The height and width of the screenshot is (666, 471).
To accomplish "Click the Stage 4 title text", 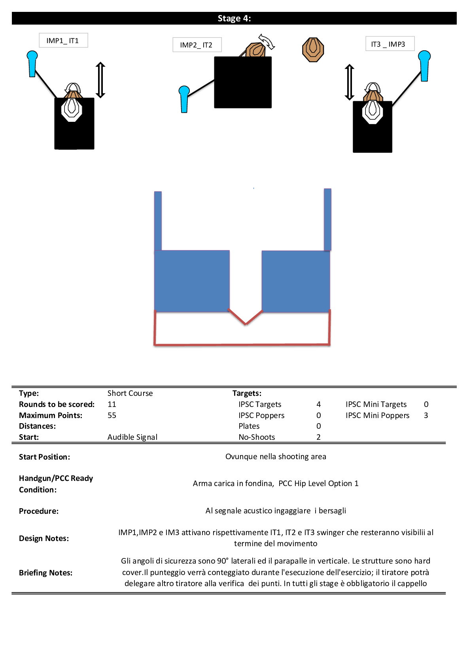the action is click(x=234, y=19).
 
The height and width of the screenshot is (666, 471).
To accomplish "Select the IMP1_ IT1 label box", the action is click(x=63, y=40).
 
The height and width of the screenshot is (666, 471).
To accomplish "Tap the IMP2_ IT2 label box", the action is click(x=197, y=45).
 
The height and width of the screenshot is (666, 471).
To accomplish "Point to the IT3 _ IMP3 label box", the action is click(x=390, y=44).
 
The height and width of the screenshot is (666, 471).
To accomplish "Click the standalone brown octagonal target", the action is click(x=313, y=50).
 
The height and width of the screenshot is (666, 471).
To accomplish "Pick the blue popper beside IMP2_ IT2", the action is click(x=184, y=99).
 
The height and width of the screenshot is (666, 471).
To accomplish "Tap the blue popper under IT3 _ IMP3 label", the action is click(x=424, y=66).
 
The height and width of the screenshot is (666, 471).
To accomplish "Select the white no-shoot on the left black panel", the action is click(x=72, y=109).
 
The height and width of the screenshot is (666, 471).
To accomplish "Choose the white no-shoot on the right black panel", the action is click(x=372, y=112).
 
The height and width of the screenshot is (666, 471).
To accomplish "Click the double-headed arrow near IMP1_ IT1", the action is click(x=100, y=80).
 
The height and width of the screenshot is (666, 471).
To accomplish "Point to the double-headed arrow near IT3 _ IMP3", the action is click(x=349, y=82).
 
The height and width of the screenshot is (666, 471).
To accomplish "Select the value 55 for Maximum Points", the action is click(x=112, y=415).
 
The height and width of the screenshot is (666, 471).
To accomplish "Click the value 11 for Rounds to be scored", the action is click(x=112, y=404).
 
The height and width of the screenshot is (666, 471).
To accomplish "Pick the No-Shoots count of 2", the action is click(x=318, y=437).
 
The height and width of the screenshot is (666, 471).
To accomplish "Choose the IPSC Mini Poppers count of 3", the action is click(x=426, y=415).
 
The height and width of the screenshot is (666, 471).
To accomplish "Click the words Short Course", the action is click(x=130, y=393).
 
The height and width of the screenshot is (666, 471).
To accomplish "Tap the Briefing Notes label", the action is click(x=45, y=573).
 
